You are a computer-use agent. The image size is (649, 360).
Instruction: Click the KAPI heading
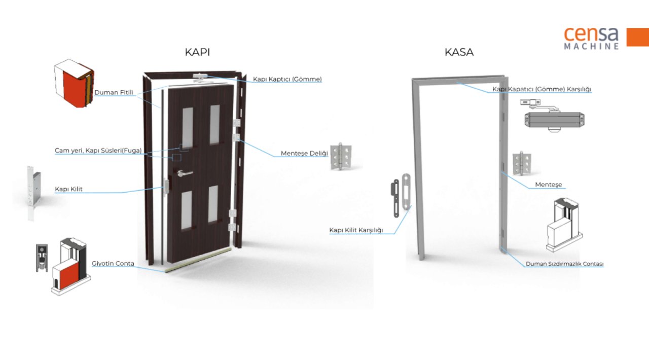pos(197,52)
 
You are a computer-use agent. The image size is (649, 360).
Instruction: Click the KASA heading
pos(459,52)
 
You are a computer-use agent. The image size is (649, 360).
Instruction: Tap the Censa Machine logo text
pos(591,38)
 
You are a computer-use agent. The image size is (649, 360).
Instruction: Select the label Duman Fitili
pos(114,93)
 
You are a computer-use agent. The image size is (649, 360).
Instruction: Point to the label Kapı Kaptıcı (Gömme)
pos(287,80)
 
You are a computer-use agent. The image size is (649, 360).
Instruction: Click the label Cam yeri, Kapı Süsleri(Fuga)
pos(98,151)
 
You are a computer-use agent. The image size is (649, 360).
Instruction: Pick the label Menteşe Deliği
pos(304,153)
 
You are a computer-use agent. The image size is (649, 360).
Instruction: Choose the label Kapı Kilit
pos(68,189)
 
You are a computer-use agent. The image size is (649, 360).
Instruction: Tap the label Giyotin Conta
pos(113,264)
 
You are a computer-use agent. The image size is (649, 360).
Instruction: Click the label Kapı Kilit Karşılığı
pos(356,230)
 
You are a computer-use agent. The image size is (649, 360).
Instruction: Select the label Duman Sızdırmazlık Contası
pos(564,264)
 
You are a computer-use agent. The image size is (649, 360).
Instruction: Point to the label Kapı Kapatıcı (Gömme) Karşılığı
pos(542,89)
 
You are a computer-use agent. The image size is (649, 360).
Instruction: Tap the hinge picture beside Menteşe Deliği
pos(341,156)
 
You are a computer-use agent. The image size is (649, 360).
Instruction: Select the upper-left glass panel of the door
pos(188,126)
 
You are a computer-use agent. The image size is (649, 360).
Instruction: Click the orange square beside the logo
pos(637,38)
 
